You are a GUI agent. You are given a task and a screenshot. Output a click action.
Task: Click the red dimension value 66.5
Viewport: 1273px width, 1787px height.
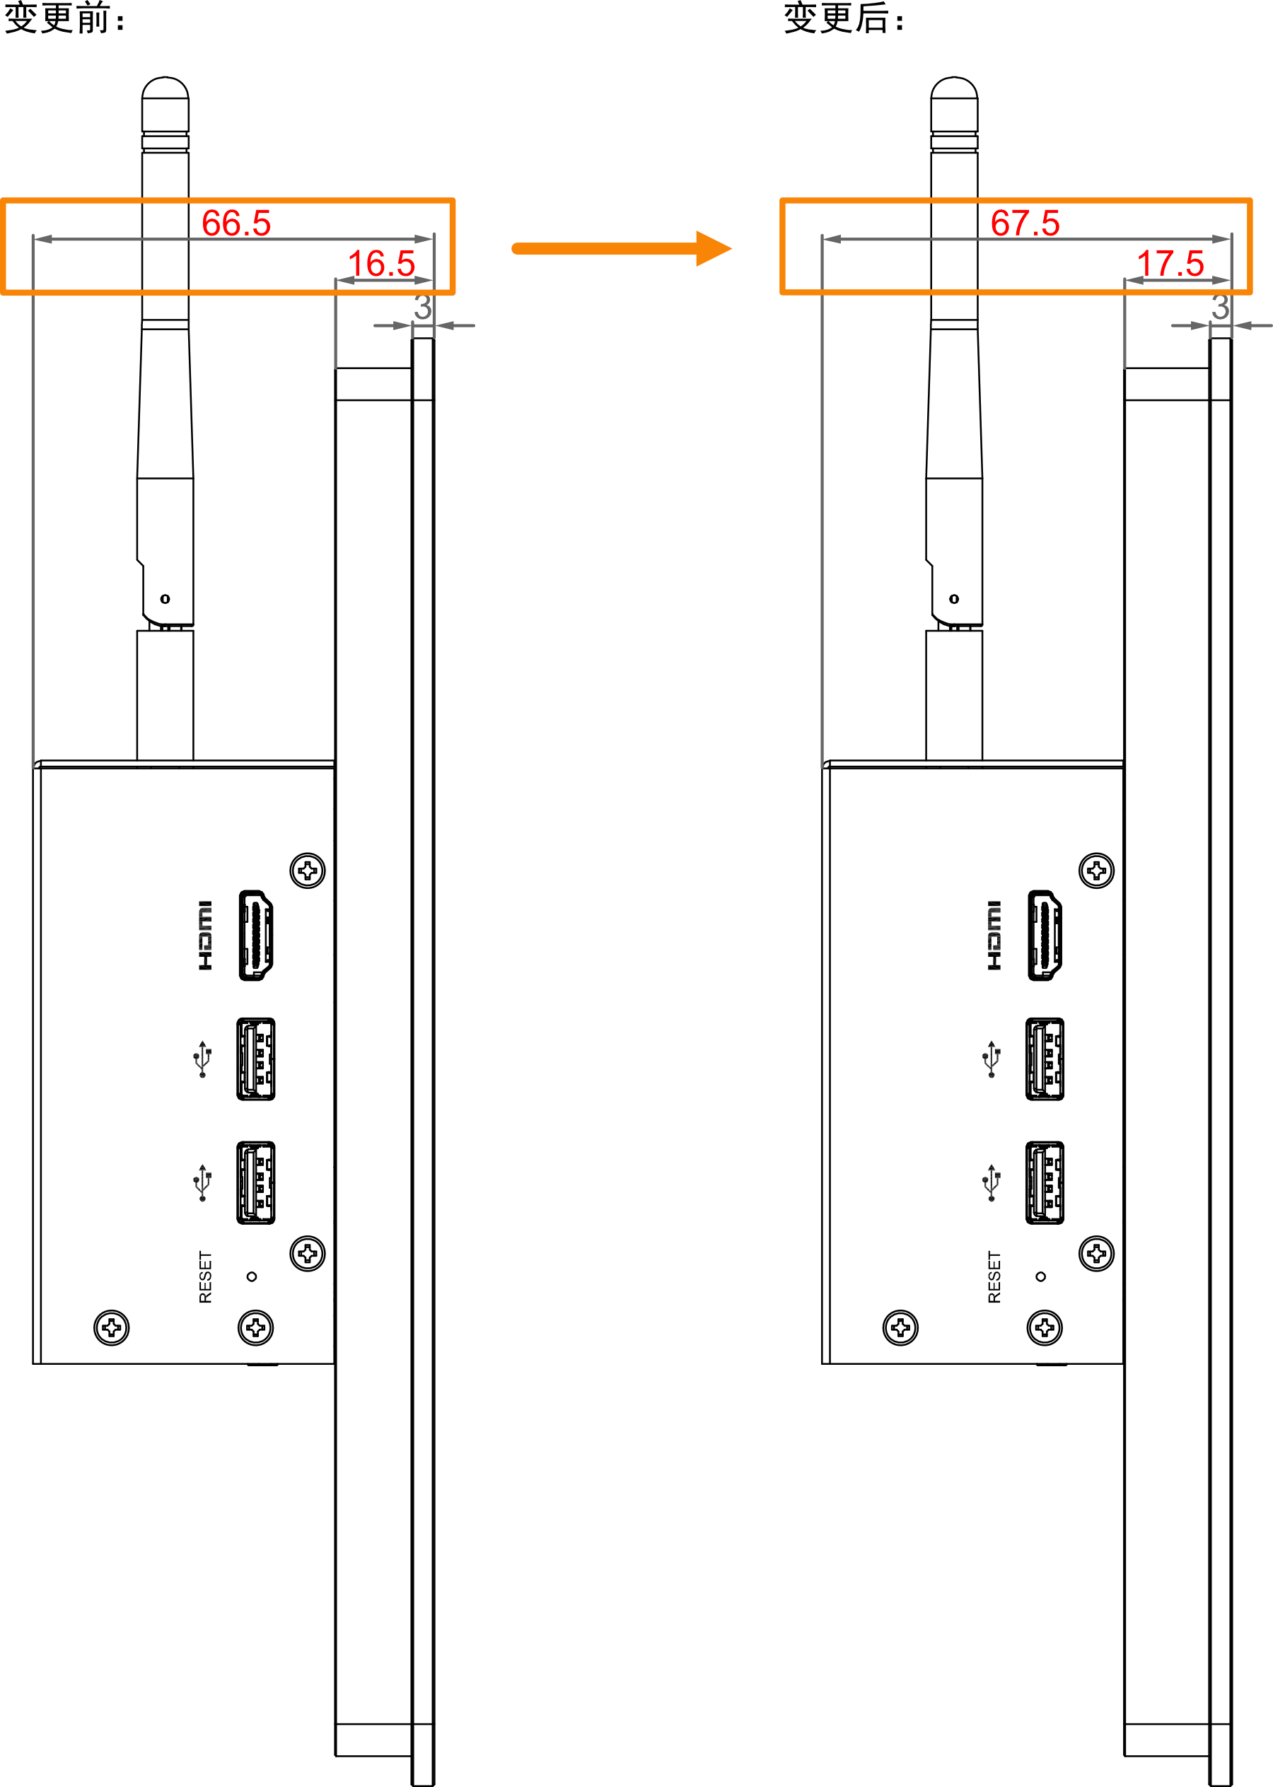click(x=236, y=223)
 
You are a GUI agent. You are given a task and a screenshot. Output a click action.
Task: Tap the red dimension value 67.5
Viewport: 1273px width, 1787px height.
click(x=1025, y=223)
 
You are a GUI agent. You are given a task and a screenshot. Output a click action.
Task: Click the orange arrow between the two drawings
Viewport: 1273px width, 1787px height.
click(x=622, y=248)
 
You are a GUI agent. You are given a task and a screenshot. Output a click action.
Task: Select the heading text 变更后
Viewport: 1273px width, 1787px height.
click(x=837, y=17)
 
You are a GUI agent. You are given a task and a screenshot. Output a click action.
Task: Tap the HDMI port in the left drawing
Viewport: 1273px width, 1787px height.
click(x=255, y=935)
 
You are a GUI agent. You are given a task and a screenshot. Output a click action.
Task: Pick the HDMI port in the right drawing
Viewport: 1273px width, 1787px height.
click(x=1045, y=935)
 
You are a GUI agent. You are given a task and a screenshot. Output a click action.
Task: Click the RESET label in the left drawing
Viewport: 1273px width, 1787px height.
click(x=205, y=1276)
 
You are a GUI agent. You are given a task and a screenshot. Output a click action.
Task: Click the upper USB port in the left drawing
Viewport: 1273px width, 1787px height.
click(x=255, y=1059)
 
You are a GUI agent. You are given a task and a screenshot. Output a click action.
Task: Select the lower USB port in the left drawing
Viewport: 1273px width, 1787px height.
click(x=255, y=1182)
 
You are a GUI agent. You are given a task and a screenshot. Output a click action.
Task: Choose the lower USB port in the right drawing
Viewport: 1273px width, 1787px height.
click(x=1045, y=1182)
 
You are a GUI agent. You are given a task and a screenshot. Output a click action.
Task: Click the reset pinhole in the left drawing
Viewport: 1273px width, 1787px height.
click(x=252, y=1276)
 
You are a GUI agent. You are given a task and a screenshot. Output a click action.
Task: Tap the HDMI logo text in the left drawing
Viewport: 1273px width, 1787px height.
click(x=205, y=935)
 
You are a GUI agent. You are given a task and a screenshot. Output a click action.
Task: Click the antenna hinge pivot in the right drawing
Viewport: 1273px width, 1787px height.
click(x=954, y=599)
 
